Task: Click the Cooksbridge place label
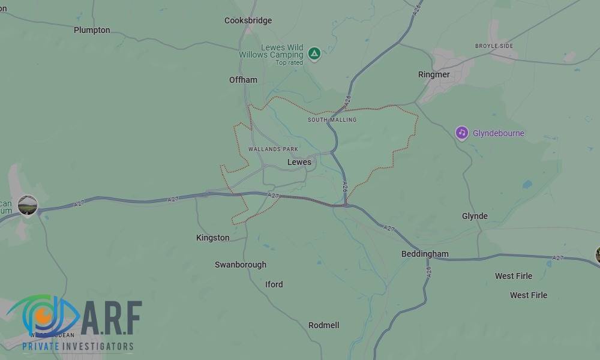tap(248, 20)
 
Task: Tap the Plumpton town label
tap(92, 30)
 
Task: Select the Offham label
tap(243, 80)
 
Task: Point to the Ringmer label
tap(434, 75)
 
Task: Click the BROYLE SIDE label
tap(494, 46)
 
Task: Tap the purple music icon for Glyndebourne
tap(461, 133)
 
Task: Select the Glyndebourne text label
tap(498, 133)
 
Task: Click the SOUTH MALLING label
tap(332, 120)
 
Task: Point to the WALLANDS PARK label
tap(273, 149)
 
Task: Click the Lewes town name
tap(299, 162)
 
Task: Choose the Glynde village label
tap(475, 216)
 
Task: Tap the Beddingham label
tap(425, 254)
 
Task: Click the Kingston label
tap(212, 238)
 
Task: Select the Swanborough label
tap(240, 265)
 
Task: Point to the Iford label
tap(274, 284)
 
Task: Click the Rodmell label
tap(323, 325)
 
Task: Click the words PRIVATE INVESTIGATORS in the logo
tap(78, 346)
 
